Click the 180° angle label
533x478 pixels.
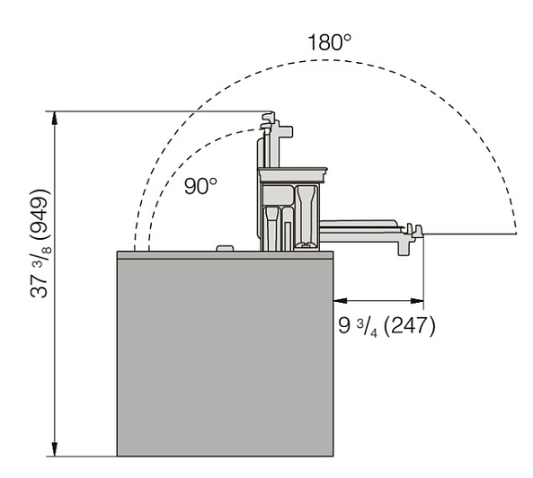(x=329, y=42)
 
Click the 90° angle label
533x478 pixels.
(x=200, y=186)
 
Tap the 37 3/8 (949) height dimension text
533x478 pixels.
(x=40, y=243)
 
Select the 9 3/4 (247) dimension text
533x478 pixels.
(x=386, y=326)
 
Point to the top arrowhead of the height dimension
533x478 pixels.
(x=55, y=119)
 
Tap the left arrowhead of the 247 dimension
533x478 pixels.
(x=341, y=300)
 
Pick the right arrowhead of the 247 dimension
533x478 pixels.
(x=417, y=300)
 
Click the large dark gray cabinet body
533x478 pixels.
(x=225, y=358)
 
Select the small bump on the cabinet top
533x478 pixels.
(x=225, y=248)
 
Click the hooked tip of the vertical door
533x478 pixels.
(x=268, y=119)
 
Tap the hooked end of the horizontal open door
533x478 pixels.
(x=414, y=230)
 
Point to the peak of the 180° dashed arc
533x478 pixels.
(x=324, y=60)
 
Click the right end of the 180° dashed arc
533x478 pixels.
(x=516, y=233)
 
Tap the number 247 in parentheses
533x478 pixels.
(x=409, y=326)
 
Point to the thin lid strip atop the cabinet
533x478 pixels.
(x=225, y=255)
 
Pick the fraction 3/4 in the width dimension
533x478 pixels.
(x=367, y=328)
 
